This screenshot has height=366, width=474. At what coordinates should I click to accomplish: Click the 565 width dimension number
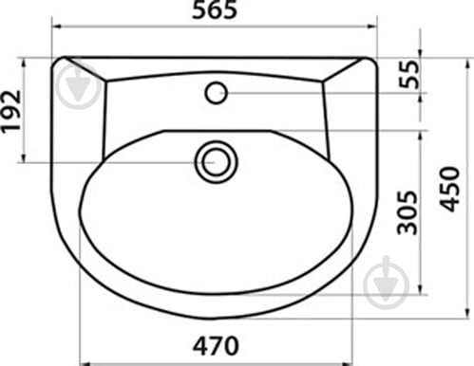point(215,9)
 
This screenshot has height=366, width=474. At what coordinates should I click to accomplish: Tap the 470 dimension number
point(216,346)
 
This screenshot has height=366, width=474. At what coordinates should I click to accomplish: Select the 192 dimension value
point(11,112)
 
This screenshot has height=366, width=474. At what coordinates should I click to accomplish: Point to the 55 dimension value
point(408,74)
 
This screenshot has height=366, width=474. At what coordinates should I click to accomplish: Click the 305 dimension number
point(408,212)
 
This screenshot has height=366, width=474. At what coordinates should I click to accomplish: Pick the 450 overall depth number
point(449,189)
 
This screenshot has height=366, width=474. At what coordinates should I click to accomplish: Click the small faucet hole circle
point(217,93)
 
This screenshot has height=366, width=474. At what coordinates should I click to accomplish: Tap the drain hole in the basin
point(217,162)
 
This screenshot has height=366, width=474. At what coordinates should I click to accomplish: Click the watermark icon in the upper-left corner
point(78,84)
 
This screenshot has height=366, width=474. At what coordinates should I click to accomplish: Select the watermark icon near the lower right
point(386,284)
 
